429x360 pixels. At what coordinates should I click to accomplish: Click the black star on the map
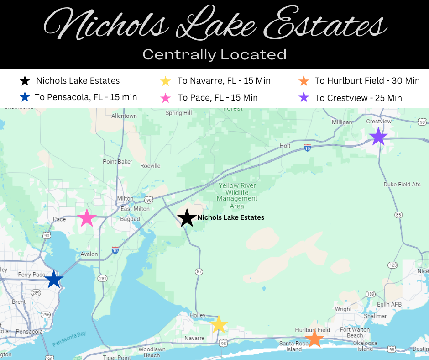point(187,218)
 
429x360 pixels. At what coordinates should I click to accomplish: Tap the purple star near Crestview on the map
point(378,137)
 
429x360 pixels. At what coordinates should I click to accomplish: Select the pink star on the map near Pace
point(87,218)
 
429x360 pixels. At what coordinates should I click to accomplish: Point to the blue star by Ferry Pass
point(54,279)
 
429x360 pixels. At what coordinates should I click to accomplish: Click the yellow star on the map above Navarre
point(219,324)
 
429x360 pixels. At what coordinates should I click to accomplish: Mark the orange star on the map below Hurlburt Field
point(314,339)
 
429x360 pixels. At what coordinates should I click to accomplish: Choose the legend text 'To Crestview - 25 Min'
point(358,98)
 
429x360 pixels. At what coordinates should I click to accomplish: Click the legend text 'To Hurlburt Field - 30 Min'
point(367,81)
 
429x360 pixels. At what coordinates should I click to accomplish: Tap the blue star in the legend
point(25,97)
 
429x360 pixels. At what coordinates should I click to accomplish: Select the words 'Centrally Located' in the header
point(214,54)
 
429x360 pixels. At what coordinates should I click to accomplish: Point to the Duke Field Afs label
point(402,185)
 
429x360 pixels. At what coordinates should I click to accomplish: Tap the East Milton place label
point(135,209)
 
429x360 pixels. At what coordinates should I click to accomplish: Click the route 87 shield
point(199,271)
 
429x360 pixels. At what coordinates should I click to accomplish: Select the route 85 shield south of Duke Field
point(398,214)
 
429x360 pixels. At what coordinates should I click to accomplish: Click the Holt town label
point(285,146)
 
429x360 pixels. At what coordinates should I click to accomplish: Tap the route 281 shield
point(103,278)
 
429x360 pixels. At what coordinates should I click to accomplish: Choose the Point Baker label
point(117,162)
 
